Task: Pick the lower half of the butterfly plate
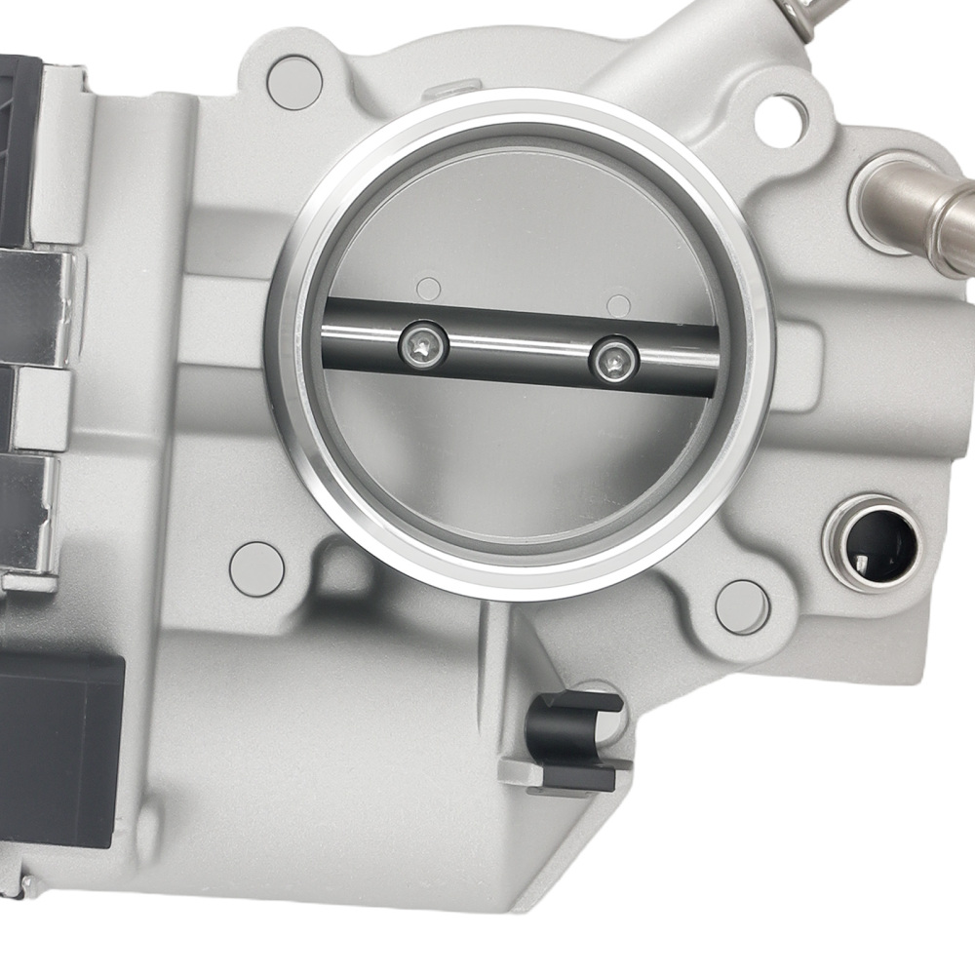tap(517, 458)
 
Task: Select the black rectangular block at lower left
tap(58, 741)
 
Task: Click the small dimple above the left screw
tap(427, 288)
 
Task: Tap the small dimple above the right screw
tap(617, 304)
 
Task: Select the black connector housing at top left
tap(19, 146)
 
